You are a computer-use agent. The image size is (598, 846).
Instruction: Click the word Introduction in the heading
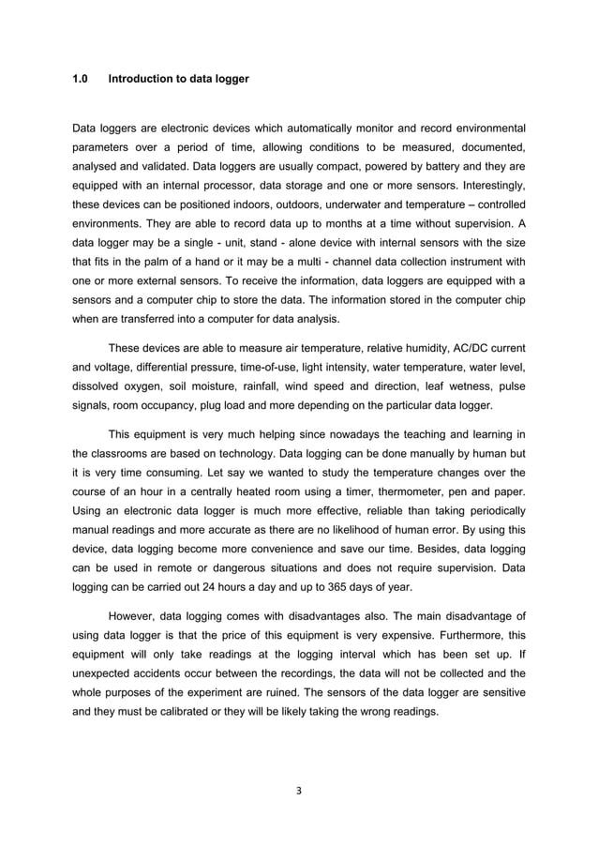(x=139, y=80)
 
